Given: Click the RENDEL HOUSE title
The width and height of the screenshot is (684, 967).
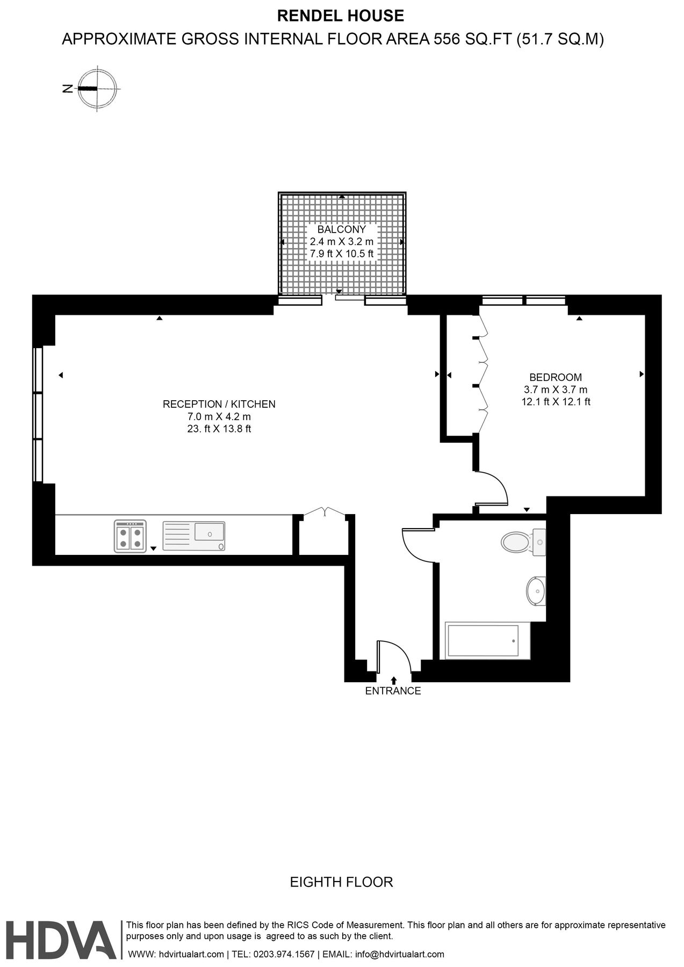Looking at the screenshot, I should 340,16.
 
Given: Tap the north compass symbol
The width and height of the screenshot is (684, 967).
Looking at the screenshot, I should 97,89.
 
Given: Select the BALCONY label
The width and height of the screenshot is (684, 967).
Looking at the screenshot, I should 341,229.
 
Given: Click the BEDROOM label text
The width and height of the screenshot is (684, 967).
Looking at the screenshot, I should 555,377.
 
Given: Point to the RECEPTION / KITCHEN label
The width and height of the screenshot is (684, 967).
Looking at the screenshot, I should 219,404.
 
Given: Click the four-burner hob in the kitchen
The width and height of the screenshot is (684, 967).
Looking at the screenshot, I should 130,536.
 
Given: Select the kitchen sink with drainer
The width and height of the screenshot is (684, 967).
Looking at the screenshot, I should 194,536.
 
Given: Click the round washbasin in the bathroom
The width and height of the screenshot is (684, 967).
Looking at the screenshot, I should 536,591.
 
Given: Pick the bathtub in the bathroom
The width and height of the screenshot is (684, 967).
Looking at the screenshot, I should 483,641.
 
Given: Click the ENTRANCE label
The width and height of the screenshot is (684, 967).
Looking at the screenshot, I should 393,691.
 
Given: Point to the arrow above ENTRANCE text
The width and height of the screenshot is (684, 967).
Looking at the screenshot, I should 394,680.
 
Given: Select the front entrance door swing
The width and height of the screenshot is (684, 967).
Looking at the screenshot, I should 393,655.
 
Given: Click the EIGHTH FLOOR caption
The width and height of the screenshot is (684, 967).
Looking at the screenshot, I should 341,882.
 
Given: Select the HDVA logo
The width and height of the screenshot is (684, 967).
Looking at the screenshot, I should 61,940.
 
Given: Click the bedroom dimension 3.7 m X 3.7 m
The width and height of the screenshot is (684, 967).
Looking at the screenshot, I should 555,389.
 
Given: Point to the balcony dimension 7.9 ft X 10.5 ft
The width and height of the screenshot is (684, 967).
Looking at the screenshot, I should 341,254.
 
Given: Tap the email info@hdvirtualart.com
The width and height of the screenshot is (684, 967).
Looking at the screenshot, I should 400,954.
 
